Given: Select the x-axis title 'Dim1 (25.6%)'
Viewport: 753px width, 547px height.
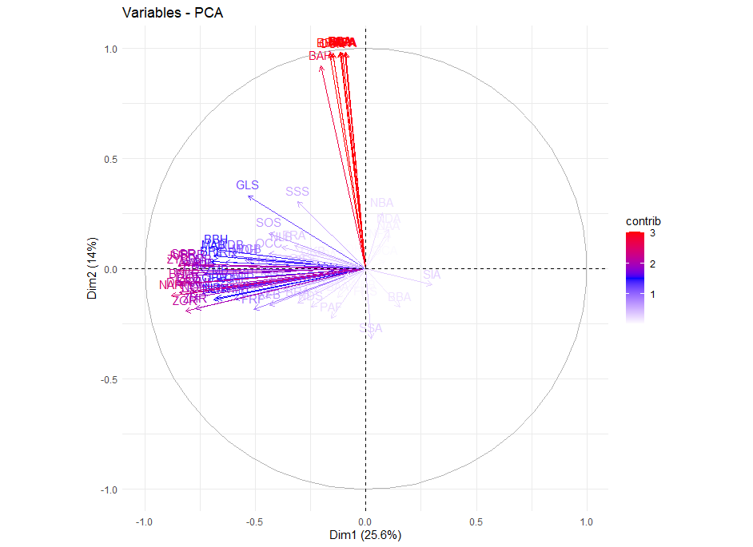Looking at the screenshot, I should click(x=365, y=534).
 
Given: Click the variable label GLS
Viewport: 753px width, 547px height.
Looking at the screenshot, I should click(x=248, y=185).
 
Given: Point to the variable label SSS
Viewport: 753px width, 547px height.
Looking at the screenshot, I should click(x=297, y=192).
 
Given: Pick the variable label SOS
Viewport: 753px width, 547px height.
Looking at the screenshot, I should click(x=269, y=223).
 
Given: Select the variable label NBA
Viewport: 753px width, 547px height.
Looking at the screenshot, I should click(x=382, y=203).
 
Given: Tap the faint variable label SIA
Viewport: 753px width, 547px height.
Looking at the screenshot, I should click(x=432, y=275).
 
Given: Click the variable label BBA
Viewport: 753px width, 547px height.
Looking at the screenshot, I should click(x=399, y=297).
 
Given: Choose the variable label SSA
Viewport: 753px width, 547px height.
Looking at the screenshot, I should click(x=371, y=328).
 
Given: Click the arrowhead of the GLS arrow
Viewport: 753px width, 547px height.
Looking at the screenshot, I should click(x=249, y=196).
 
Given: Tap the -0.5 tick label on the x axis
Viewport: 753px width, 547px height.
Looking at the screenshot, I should click(x=254, y=521).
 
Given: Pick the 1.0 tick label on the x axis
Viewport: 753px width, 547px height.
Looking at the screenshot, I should click(x=587, y=521).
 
